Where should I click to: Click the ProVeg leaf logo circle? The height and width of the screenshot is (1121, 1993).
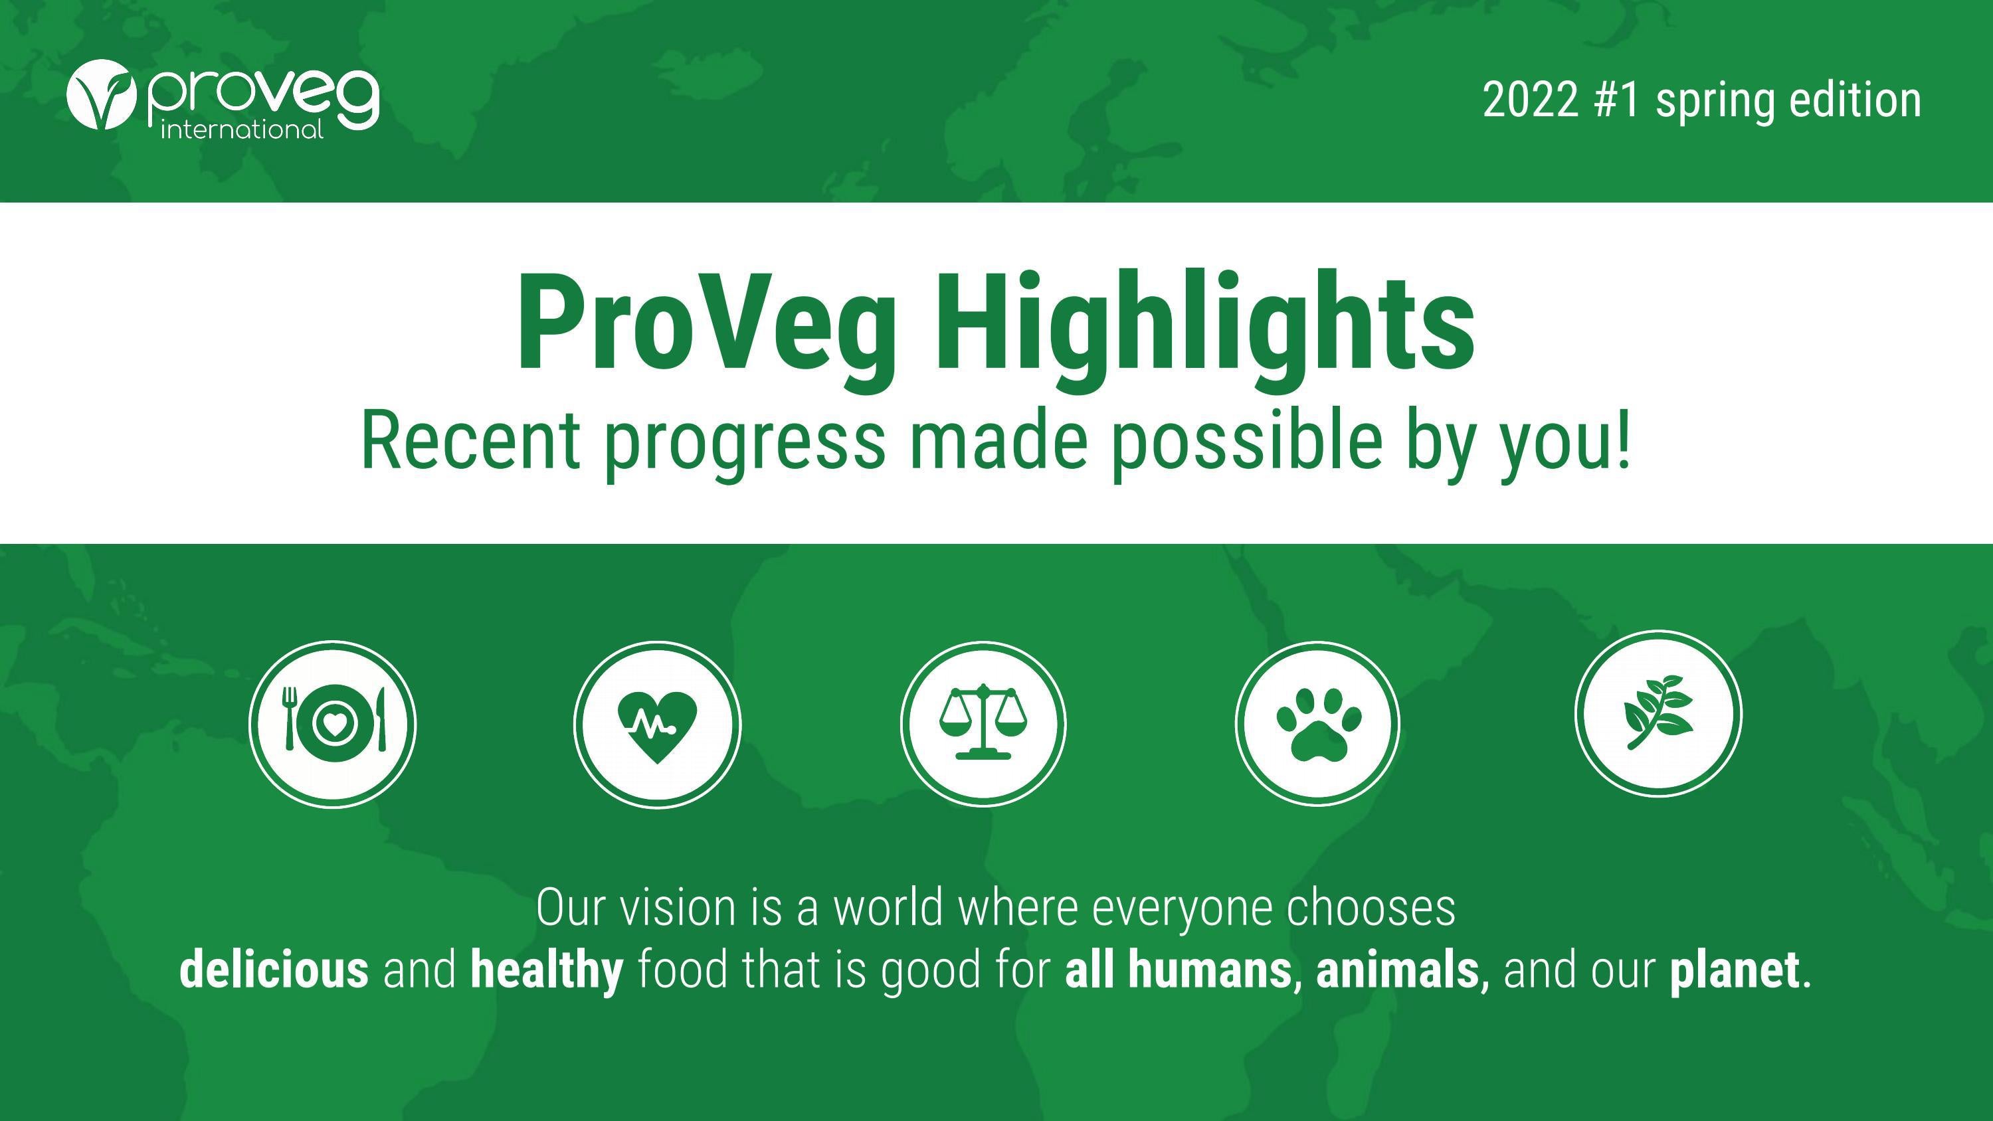click(102, 94)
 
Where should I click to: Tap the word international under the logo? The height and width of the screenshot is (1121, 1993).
click(241, 129)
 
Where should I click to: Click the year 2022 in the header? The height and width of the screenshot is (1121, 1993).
click(1529, 100)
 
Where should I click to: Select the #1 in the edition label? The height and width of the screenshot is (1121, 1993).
click(1616, 100)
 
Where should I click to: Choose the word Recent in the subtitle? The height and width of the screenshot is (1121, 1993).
click(470, 441)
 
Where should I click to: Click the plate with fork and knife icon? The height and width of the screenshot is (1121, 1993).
click(333, 724)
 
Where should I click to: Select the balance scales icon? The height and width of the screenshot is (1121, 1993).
click(983, 724)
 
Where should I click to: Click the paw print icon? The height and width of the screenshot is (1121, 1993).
click(1317, 724)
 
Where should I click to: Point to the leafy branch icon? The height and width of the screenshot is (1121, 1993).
click(1658, 713)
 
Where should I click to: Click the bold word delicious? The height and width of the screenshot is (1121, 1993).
click(274, 970)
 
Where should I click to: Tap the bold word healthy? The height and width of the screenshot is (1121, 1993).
click(546, 970)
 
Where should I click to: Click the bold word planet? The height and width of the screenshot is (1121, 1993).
click(1734, 970)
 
